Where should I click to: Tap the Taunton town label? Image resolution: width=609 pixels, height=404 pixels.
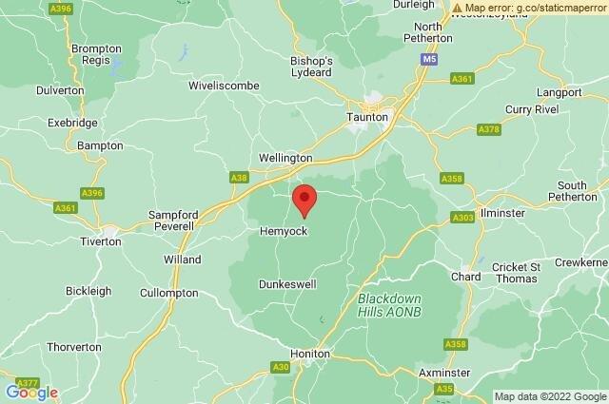point(368,116)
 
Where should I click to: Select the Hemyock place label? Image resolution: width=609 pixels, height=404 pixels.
point(283,232)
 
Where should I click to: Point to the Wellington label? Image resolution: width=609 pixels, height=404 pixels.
point(285,158)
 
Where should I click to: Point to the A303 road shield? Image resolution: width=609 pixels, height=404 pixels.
point(463,219)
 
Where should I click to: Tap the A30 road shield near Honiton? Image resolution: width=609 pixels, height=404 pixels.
point(281,366)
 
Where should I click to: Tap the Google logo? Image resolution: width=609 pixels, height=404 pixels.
point(31,392)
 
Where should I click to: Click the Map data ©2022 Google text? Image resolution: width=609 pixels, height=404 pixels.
point(549,395)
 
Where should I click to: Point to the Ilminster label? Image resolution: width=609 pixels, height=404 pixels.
point(503,213)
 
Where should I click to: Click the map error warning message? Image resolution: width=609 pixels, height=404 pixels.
point(530,7)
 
